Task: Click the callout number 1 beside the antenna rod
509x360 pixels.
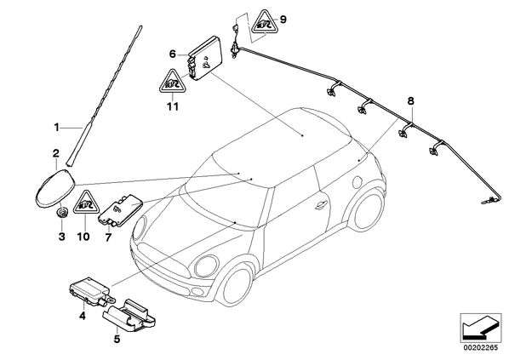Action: [x=57, y=128]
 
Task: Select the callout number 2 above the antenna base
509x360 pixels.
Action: [x=56, y=153]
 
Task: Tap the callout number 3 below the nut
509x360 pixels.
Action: [x=61, y=237]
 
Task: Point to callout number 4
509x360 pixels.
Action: [x=83, y=315]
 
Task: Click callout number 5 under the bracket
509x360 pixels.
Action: [x=117, y=340]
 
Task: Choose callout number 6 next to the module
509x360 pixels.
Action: [x=173, y=54]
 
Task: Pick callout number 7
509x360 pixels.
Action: [x=108, y=237]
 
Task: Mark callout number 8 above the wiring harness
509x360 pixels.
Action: [x=411, y=101]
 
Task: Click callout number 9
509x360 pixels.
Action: [x=283, y=20]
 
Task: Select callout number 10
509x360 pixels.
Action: [x=83, y=237]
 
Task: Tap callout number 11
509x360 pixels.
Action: [x=173, y=106]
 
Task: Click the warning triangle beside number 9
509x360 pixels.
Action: [x=265, y=23]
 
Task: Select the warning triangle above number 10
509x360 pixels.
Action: [x=86, y=203]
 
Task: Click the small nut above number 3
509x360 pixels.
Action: [x=61, y=213]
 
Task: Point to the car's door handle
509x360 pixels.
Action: [x=322, y=204]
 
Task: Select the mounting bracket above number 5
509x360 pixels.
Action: [x=129, y=316]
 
